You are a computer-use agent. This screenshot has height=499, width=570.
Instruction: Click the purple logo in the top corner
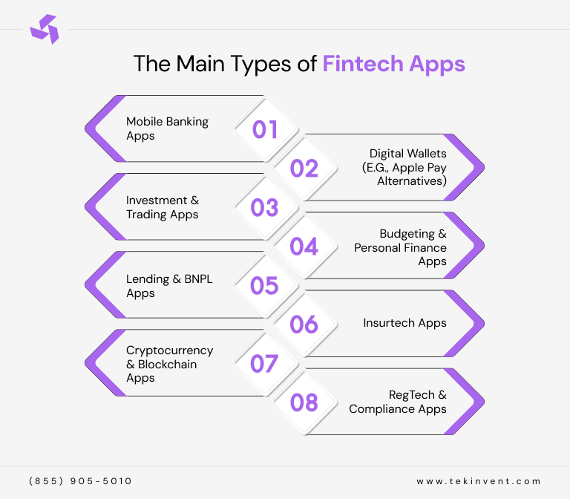pyautogui.click(x=43, y=29)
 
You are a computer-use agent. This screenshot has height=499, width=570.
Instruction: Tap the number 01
pyautogui.click(x=265, y=130)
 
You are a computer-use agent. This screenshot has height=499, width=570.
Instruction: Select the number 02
pyautogui.click(x=304, y=169)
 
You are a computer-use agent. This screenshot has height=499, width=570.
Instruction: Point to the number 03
pyautogui.click(x=265, y=208)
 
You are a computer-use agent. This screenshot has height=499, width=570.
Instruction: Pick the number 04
pyautogui.click(x=304, y=247)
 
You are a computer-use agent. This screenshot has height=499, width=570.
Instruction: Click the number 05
pyautogui.click(x=265, y=286)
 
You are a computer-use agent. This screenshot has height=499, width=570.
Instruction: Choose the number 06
pyautogui.click(x=304, y=324)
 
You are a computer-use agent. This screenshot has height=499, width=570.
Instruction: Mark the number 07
pyautogui.click(x=265, y=364)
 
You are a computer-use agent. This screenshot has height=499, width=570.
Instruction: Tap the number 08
pyautogui.click(x=304, y=402)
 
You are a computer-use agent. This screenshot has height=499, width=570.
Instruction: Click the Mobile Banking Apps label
pyautogui.click(x=167, y=128)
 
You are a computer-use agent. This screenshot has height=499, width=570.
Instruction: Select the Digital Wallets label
pyautogui.click(x=407, y=167)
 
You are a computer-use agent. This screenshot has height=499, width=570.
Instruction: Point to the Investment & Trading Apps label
pyautogui.click(x=163, y=207)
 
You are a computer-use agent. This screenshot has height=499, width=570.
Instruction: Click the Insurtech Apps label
pyautogui.click(x=404, y=323)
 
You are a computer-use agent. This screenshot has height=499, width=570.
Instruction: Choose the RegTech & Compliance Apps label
pyautogui.click(x=399, y=402)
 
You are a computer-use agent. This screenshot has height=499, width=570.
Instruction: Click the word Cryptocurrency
pyautogui.click(x=169, y=350)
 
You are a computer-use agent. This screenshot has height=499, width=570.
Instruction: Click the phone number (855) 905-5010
pyautogui.click(x=81, y=481)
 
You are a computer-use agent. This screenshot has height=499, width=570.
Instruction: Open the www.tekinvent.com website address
pyautogui.click(x=479, y=481)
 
